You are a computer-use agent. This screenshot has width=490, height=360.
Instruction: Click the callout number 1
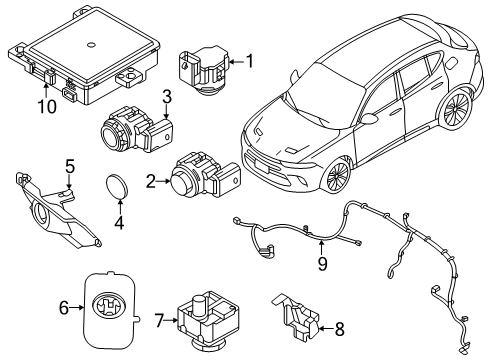pyautogui.click(x=249, y=62)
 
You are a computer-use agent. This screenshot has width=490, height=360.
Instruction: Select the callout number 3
pyautogui.click(x=167, y=97)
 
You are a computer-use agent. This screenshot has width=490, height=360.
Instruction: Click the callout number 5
pyautogui.click(x=70, y=165)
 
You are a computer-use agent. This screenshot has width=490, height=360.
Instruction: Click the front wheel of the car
pyautogui.click(x=336, y=175)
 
